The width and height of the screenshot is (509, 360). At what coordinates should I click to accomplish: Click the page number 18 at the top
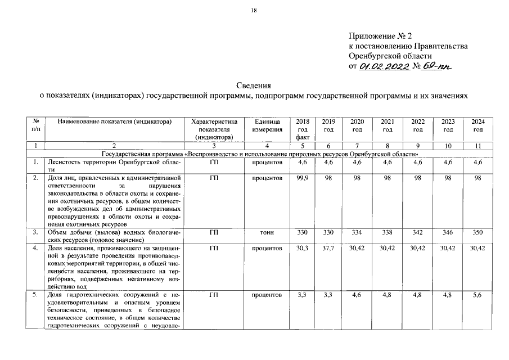[254, 11]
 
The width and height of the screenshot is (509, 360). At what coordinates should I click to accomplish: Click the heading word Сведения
[254, 85]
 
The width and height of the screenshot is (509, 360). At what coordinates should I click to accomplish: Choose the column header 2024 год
[478, 125]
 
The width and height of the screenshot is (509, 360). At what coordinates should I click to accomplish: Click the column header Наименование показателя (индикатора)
[114, 121]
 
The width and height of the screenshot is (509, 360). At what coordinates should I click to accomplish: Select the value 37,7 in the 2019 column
[328, 248]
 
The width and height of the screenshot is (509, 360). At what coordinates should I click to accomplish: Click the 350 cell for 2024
[478, 232]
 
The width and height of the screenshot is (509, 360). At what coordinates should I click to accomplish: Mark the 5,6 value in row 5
[478, 295]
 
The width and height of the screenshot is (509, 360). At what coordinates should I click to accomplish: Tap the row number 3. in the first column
[35, 232]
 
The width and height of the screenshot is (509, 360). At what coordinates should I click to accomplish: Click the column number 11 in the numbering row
[478, 146]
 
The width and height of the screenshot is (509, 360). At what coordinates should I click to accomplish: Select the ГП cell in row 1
[214, 163]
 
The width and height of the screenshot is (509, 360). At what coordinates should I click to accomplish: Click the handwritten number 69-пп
[439, 67]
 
